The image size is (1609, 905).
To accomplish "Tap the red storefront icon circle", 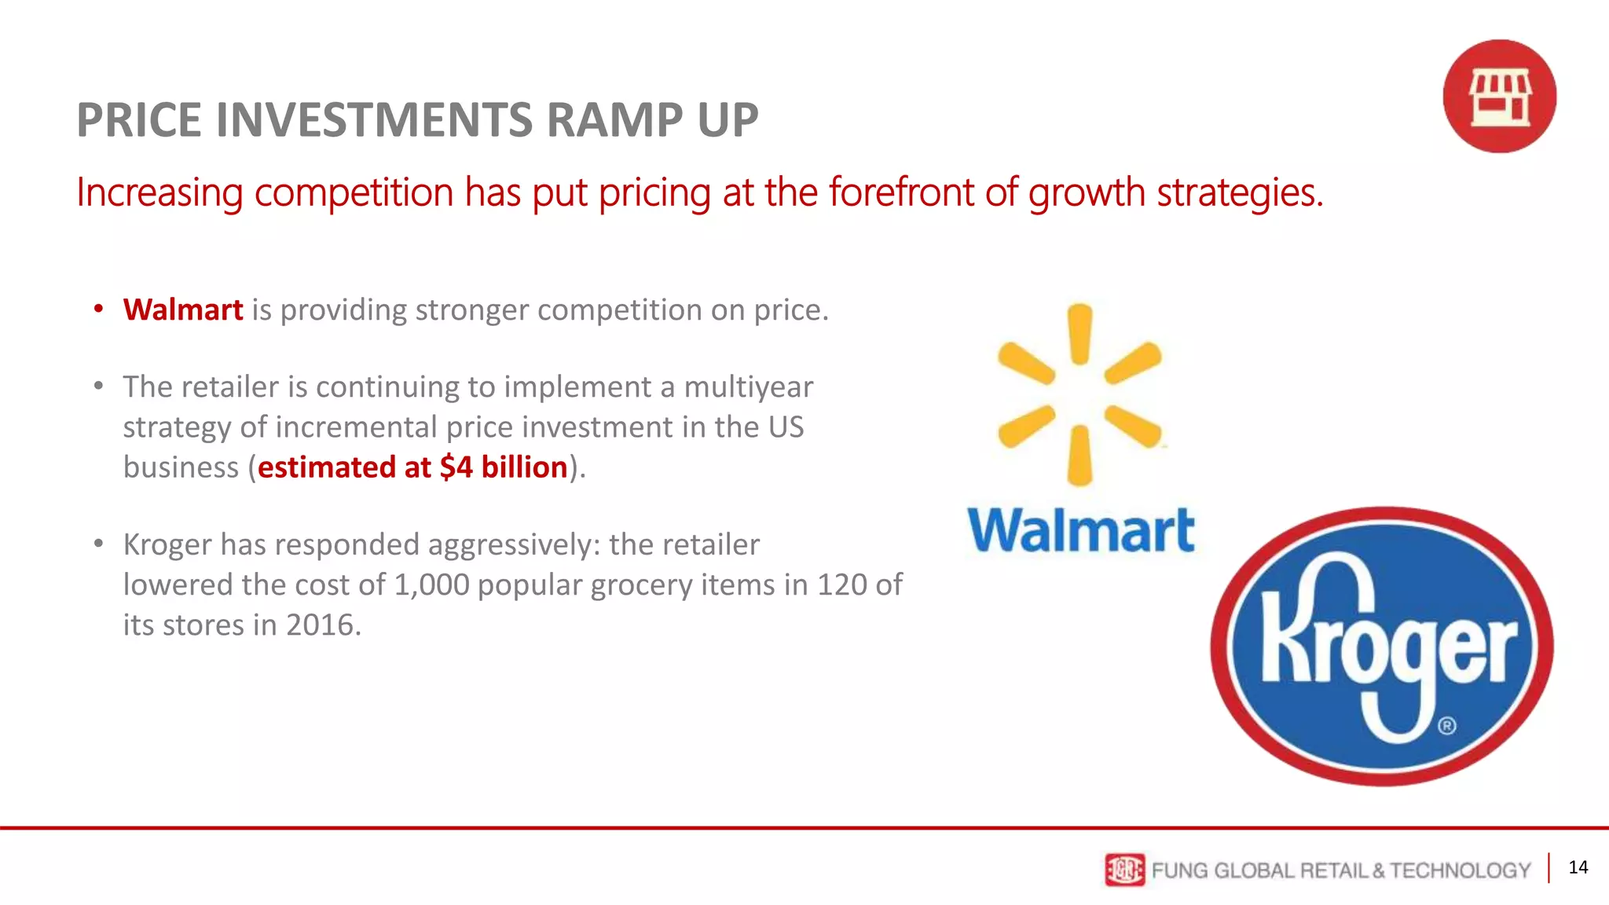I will click(x=1499, y=96).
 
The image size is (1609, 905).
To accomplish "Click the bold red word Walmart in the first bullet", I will click(x=183, y=310).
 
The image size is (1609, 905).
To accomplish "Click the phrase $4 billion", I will click(x=503, y=467).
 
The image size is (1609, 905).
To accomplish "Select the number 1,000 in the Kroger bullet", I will click(x=431, y=585).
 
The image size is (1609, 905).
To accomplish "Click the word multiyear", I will click(x=748, y=387).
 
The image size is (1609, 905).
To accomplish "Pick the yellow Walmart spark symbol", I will click(x=1079, y=394).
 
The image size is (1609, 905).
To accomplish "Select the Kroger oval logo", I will click(x=1382, y=646).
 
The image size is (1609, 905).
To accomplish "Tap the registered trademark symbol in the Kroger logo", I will click(x=1447, y=725).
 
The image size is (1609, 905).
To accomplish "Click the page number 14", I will click(x=1578, y=867).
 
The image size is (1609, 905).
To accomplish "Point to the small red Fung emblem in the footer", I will click(x=1124, y=870).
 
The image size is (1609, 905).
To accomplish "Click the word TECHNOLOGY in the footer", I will click(x=1460, y=870).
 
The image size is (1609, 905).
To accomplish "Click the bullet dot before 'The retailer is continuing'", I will click(x=98, y=387).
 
